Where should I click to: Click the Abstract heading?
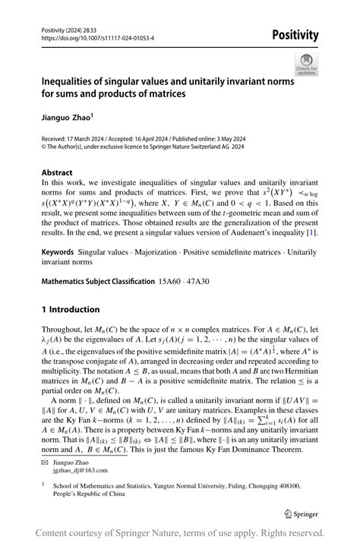click(58, 172)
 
